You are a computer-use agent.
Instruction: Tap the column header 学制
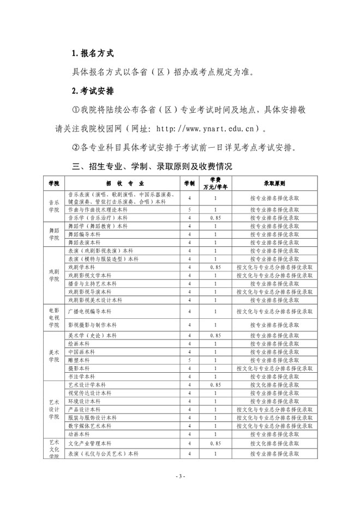[x=189, y=183]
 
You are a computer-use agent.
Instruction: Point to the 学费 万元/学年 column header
[x=215, y=183]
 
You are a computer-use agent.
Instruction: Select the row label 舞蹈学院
[x=53, y=233]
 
